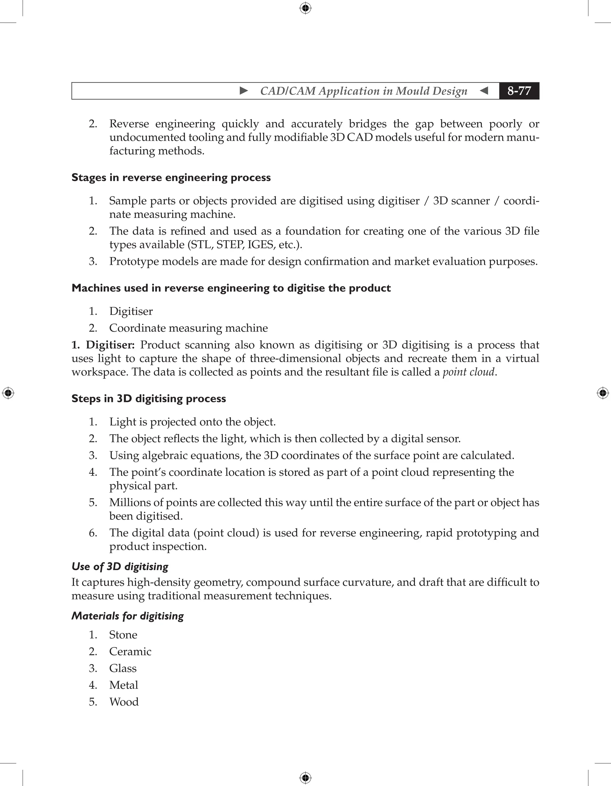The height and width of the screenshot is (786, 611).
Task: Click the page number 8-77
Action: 519,91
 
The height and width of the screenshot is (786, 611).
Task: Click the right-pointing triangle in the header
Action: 244,91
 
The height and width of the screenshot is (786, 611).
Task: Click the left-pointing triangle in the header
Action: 484,91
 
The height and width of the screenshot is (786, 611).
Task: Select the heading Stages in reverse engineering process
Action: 171,177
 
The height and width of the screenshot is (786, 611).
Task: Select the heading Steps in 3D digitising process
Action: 148,398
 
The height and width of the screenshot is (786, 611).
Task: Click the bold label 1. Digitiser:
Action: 103,345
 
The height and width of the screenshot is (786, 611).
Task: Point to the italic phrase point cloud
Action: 468,372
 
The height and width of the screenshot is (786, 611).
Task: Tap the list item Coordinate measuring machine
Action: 188,328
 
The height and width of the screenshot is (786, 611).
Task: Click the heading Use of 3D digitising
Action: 120,567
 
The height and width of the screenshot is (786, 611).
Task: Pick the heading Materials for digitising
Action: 127,616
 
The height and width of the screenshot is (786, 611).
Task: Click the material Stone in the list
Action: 123,635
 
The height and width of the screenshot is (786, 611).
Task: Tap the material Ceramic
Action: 130,652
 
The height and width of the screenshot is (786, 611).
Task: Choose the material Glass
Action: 123,668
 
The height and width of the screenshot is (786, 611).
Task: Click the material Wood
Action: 124,702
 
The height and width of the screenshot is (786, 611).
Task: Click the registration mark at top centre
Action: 305,8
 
